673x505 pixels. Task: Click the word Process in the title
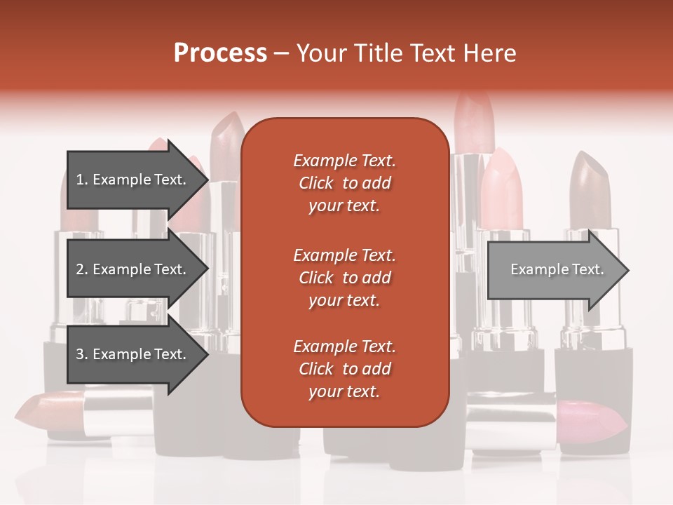(x=220, y=53)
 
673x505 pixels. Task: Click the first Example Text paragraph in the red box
(x=344, y=183)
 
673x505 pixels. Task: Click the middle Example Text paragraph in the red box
(x=344, y=277)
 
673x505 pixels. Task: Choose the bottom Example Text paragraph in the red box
(x=344, y=369)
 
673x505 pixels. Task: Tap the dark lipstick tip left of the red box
(x=226, y=144)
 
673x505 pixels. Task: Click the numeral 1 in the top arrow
(x=79, y=180)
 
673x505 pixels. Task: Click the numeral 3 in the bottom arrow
(x=79, y=354)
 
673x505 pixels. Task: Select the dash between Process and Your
(x=282, y=53)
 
